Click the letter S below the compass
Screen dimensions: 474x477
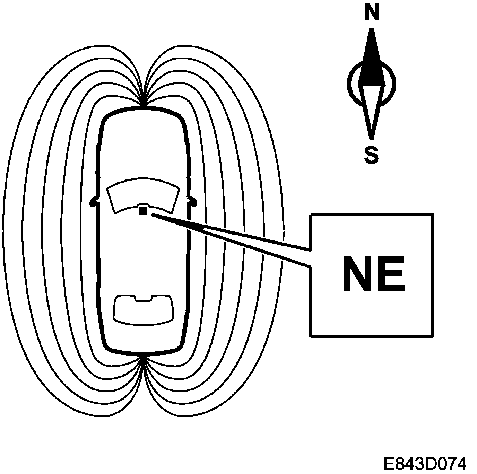pyautogui.click(x=371, y=155)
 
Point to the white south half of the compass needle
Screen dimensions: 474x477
pyautogui.click(x=371, y=107)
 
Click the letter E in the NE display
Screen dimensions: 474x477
pyautogui.click(x=391, y=274)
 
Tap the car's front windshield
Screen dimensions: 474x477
pyautogui.click(x=143, y=194)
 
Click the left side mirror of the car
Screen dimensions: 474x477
pyautogui.click(x=94, y=202)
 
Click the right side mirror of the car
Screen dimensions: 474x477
pyautogui.click(x=192, y=201)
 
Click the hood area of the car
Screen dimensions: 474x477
pyautogui.click(x=143, y=146)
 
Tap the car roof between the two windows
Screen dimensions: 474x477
pyautogui.click(x=143, y=256)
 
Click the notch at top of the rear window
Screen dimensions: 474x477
pyautogui.click(x=143, y=298)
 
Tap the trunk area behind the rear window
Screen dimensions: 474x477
pyautogui.click(x=143, y=338)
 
